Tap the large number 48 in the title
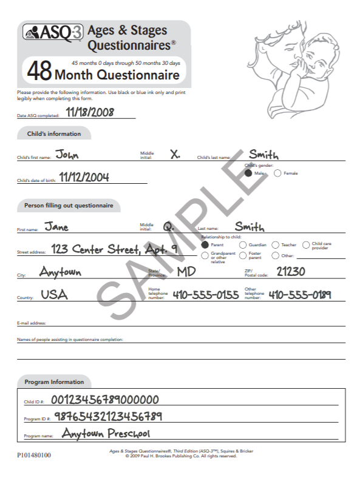point(39,72)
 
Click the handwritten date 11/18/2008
point(90,112)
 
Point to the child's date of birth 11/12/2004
point(84,177)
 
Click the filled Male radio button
point(248,173)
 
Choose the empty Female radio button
point(277,173)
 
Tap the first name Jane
point(56,227)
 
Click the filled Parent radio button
point(205,244)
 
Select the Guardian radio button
point(243,244)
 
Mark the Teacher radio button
point(276,244)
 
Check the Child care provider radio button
point(306,244)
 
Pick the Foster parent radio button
point(243,255)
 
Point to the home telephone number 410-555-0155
point(206,295)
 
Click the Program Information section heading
point(54,382)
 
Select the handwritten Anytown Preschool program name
point(106,434)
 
